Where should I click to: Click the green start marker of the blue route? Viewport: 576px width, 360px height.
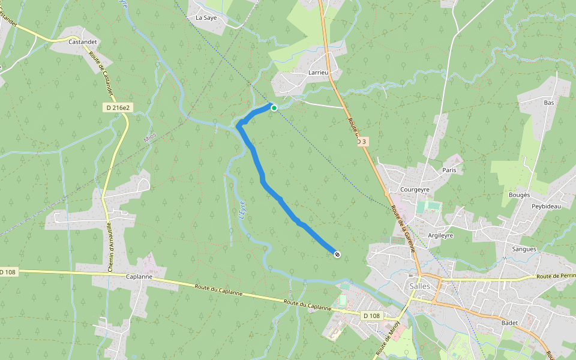pyautogui.click(x=274, y=108)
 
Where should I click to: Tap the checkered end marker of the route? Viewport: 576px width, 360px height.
pyautogui.click(x=337, y=255)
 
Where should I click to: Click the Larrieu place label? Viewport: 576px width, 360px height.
pyautogui.click(x=318, y=73)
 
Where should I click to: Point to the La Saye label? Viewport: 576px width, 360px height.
pyautogui.click(x=206, y=18)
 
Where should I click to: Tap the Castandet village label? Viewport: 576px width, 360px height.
pyautogui.click(x=83, y=42)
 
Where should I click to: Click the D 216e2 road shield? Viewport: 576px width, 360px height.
pyautogui.click(x=117, y=107)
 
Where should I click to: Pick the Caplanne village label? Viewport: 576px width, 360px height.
pyautogui.click(x=140, y=277)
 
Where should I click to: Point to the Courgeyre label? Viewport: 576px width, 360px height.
pyautogui.click(x=414, y=190)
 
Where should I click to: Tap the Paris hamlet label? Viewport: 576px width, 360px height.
pyautogui.click(x=449, y=170)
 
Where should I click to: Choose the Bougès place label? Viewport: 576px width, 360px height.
pyautogui.click(x=519, y=195)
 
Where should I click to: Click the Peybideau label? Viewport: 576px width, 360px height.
pyautogui.click(x=545, y=206)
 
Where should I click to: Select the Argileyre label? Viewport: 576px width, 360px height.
pyautogui.click(x=440, y=235)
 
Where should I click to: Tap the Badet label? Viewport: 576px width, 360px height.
pyautogui.click(x=509, y=322)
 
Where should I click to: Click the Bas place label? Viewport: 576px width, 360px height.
pyautogui.click(x=548, y=103)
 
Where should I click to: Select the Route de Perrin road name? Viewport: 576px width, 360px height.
pyautogui.click(x=556, y=276)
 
